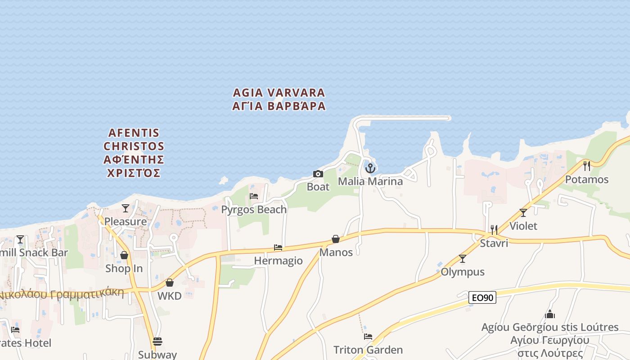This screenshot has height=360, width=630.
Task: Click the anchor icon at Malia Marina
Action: coord(370,168)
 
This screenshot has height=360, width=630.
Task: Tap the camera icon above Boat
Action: coord(318,174)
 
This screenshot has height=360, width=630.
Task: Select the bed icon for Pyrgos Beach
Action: coord(254,196)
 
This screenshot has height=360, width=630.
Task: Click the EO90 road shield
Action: coord(482,297)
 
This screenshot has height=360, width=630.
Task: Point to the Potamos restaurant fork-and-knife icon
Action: coord(586,166)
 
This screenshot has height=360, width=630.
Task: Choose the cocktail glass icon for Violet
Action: coord(523,213)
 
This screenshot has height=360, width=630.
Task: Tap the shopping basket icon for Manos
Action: coord(336,239)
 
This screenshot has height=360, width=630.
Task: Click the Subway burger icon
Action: coord(157,342)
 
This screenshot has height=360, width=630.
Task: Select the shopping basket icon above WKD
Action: coord(170,283)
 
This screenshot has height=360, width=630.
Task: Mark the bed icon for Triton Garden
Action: coord(368,337)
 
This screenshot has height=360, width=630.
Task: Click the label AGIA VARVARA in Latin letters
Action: coord(279,93)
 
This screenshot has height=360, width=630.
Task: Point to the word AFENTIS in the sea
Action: coord(134,133)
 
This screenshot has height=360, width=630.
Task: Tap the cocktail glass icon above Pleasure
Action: coord(126,208)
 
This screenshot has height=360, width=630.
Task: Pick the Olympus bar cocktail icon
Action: coord(463,259)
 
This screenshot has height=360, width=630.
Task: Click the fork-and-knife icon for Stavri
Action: coord(494,230)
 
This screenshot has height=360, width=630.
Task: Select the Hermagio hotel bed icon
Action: coord(278,247)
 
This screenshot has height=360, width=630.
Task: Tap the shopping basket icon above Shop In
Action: coord(124,256)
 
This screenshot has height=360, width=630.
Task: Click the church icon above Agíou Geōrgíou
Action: coord(549,314)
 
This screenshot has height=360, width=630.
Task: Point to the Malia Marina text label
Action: coord(370,181)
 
